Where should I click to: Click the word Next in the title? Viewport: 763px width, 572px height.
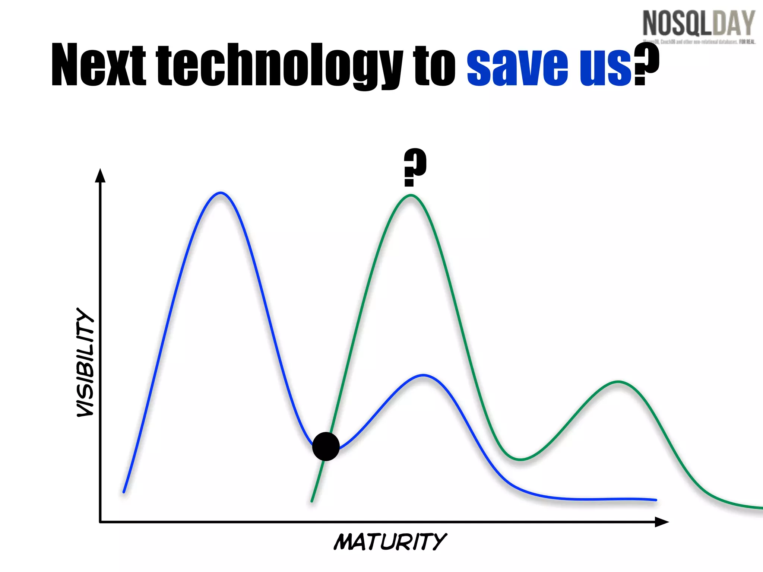pos(98,65)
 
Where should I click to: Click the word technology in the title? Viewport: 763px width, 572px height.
pos(279,65)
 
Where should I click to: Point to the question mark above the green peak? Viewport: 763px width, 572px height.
pos(415,167)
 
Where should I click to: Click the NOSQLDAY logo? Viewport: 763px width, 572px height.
pos(699,25)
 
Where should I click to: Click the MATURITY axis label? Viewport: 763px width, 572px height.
pos(390,541)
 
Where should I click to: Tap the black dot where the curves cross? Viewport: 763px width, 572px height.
pos(326,447)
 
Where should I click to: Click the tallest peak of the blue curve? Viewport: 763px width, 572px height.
pos(221,193)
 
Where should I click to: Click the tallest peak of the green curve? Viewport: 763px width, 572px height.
pos(410,196)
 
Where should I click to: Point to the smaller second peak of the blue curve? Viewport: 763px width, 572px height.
pos(424,375)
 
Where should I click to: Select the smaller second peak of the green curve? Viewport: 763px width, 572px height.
pos(618,382)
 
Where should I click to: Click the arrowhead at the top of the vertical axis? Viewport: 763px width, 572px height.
pos(100,175)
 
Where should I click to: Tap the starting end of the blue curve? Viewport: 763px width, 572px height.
pos(124,492)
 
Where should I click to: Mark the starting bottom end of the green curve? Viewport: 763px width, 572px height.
pos(312,501)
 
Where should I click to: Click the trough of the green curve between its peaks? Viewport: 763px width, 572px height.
pos(520,460)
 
